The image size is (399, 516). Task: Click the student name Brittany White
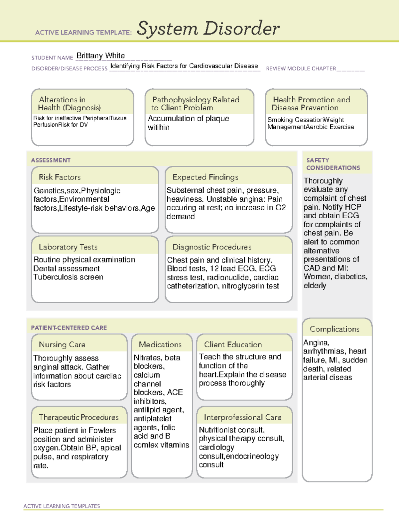click(x=100, y=55)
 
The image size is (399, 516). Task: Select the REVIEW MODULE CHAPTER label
click(x=301, y=68)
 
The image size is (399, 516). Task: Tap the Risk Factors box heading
click(x=60, y=177)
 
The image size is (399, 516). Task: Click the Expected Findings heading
click(x=205, y=177)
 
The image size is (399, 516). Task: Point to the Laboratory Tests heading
click(x=68, y=247)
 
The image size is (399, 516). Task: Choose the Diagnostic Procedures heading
click(x=212, y=247)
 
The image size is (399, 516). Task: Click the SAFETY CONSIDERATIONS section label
click(x=333, y=164)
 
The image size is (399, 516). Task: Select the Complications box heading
click(x=334, y=329)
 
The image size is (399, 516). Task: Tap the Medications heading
click(x=160, y=345)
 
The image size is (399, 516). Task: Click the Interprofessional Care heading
click(x=242, y=417)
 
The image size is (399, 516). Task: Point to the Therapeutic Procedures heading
click(x=78, y=417)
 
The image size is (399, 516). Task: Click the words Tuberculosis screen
click(x=68, y=277)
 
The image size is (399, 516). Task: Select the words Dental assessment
click(x=66, y=268)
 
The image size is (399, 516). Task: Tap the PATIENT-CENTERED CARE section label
click(x=69, y=328)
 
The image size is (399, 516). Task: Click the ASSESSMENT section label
click(x=51, y=160)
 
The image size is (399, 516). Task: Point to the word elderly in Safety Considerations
click(x=315, y=286)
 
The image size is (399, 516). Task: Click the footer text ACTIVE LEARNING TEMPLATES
click(x=62, y=506)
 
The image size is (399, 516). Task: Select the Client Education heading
click(x=233, y=345)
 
